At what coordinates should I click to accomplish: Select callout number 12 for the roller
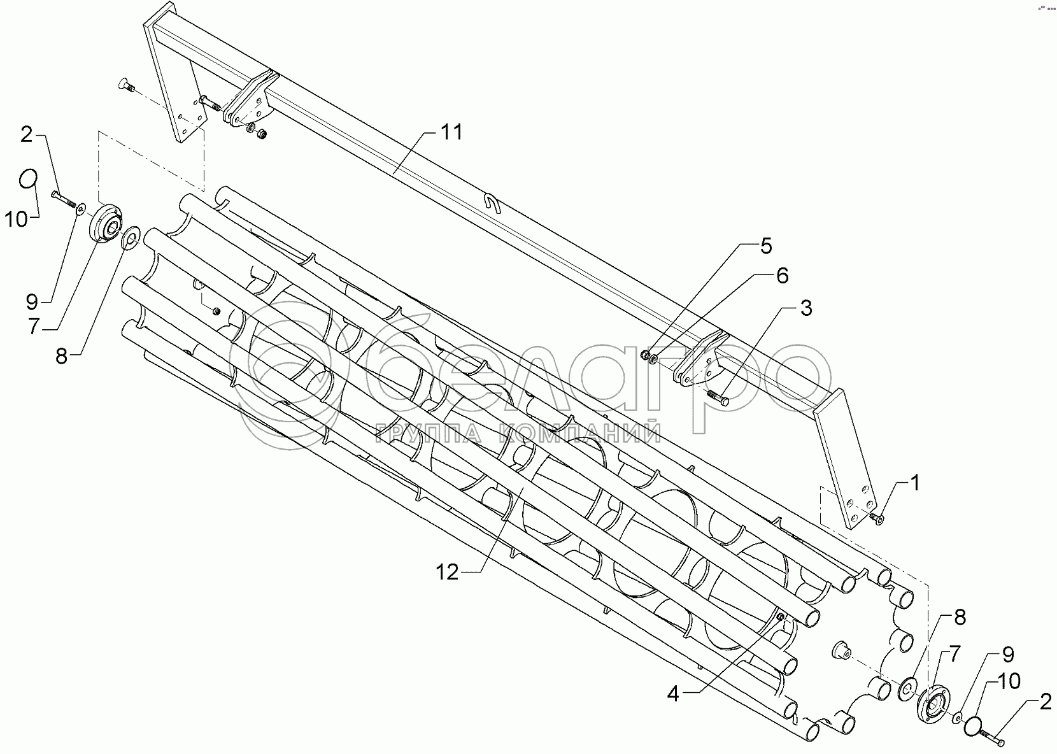tap(447, 573)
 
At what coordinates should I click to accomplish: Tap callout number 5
tap(765, 246)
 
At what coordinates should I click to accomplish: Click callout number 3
tap(805, 309)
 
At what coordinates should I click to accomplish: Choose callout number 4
tap(673, 695)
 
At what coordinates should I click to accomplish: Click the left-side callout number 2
tap(26, 134)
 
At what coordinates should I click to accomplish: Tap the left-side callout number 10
tap(17, 220)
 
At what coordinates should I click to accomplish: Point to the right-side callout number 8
tap(960, 616)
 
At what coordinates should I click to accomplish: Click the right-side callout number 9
tap(1008, 654)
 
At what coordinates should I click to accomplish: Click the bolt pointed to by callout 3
tap(718, 398)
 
